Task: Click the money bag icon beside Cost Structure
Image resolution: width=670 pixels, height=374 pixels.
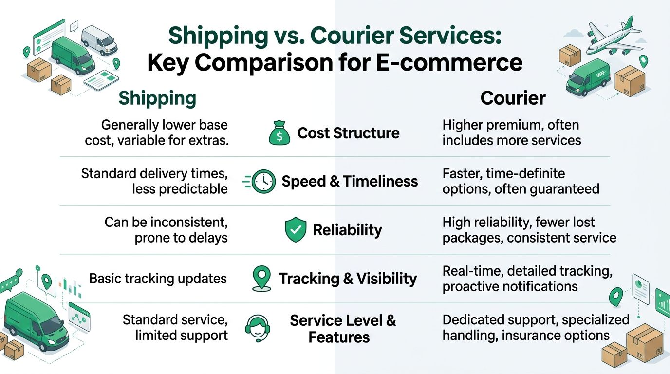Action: pos(279,133)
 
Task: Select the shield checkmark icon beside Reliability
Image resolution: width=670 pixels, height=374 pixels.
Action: pos(295,230)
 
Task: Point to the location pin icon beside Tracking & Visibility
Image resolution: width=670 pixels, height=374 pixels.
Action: pos(262,279)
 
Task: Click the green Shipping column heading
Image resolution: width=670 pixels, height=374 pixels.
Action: pos(157,98)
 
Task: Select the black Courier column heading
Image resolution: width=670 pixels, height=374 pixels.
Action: pos(513,98)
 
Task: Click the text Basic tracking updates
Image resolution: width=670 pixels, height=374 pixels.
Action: pos(158,279)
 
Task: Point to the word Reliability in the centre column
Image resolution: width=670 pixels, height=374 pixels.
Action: pos(347,230)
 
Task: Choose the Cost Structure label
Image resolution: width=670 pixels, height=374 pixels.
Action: pos(348,133)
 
